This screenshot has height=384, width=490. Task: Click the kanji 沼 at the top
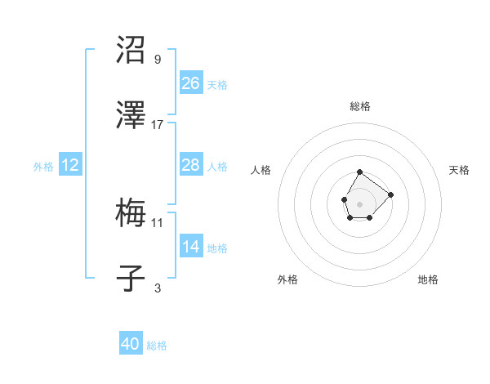131,50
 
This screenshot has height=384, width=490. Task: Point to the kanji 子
131,279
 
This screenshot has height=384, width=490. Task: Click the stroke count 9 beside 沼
158,59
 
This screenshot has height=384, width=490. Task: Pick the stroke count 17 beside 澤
158,124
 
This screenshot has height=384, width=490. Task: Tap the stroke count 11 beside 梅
158,222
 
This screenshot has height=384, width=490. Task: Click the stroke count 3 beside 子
158,288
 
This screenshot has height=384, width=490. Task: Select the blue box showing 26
191,83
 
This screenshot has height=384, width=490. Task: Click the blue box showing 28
191,165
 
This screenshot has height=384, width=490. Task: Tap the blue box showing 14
191,247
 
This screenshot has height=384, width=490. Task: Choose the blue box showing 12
70,165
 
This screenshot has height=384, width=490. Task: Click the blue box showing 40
131,344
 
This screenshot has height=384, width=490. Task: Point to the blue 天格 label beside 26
217,85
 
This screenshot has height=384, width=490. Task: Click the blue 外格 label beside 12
43,167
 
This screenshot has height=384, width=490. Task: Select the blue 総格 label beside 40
157,346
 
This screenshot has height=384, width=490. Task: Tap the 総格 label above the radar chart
360,106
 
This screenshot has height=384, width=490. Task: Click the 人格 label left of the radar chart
261,170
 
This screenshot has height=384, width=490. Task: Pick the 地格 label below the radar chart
428,279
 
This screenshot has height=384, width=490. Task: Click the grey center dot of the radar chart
359,203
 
